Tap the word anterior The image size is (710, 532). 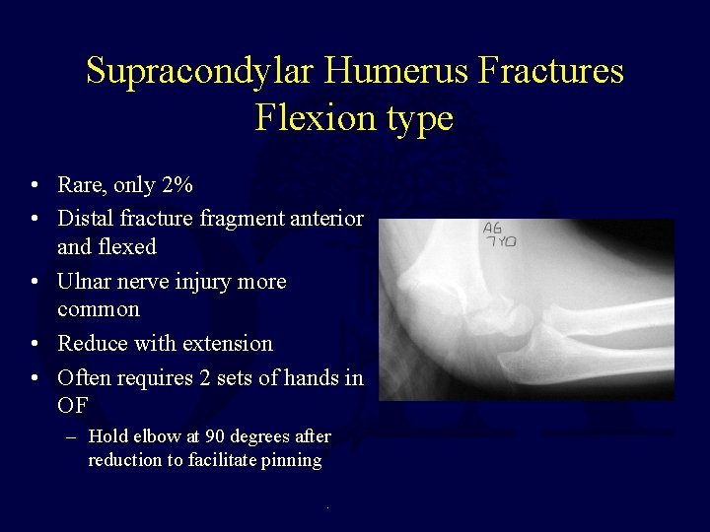pos(323,218)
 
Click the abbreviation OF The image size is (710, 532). pos(73,405)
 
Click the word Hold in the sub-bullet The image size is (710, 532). pos(107,436)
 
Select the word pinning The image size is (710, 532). pos(293,461)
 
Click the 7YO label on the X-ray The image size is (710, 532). pos(500,241)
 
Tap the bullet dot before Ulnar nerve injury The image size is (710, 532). pos(35,283)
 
